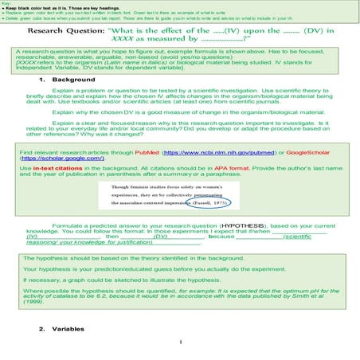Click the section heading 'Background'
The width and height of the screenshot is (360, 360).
click(69, 80)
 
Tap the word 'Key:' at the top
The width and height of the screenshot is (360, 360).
click(6, 3)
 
